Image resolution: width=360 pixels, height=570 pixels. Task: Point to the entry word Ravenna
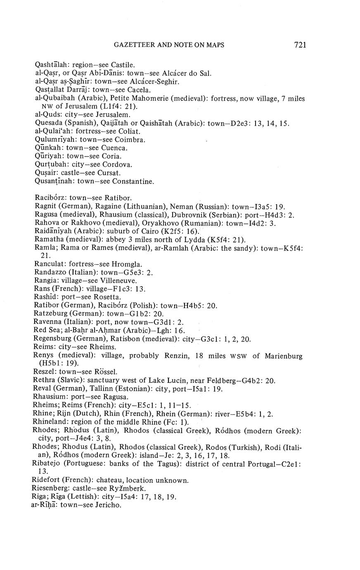(48, 322)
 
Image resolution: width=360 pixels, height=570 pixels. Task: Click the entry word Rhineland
(50, 422)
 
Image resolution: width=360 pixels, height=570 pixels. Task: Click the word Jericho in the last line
(108, 505)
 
